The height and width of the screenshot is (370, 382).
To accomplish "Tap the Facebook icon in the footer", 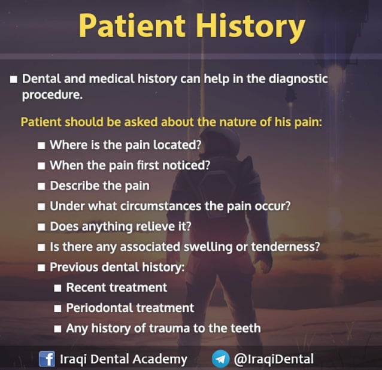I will point(47,359).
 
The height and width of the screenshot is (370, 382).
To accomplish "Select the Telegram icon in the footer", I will point(220,359).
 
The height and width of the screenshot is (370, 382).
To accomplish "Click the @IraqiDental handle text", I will point(274,359).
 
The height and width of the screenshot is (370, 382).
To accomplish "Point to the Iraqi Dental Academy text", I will point(124,359).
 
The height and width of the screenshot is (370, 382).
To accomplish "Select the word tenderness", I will point(290,247).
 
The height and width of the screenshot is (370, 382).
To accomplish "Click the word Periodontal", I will point(98,308).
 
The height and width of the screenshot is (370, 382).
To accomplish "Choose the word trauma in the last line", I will point(180,328).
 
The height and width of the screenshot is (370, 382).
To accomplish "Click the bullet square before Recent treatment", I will point(58,288).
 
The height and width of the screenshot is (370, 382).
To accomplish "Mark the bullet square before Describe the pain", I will point(41,186).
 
